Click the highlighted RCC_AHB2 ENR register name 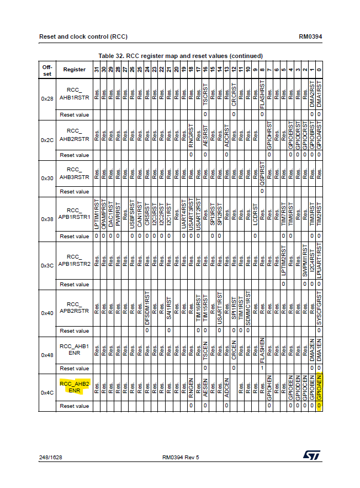(74, 386)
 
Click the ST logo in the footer (309, 454)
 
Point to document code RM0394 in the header (310, 37)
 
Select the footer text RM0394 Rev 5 (181, 457)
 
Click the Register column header (74, 70)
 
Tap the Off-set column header (47, 70)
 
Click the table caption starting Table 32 (181, 56)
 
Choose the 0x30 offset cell (47, 178)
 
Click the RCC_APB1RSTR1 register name (74, 214)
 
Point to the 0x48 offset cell (47, 354)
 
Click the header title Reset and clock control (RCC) (83, 37)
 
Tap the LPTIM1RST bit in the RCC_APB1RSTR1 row (96, 214)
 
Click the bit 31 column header (96, 70)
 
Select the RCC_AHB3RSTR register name (74, 174)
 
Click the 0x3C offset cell (47, 265)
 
